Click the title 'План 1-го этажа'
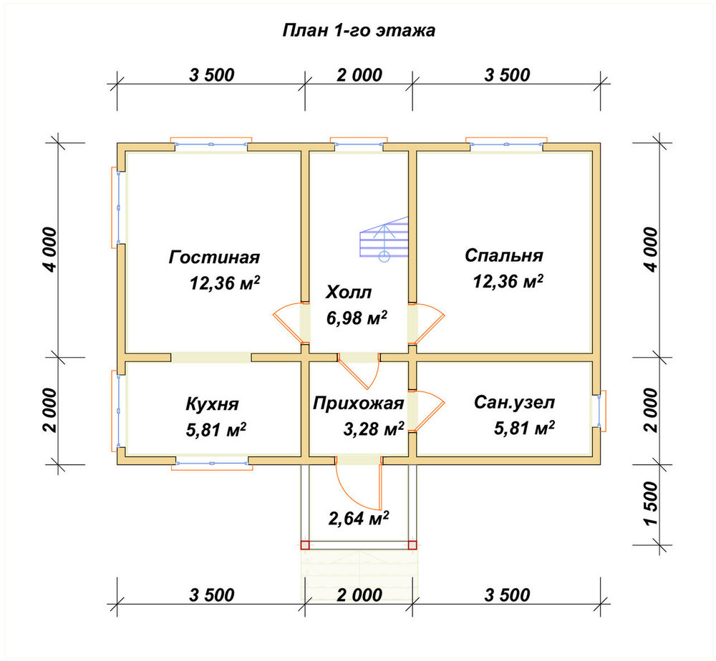pyautogui.click(x=359, y=31)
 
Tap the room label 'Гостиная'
pyautogui.click(x=214, y=258)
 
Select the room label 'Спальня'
pyautogui.click(x=504, y=255)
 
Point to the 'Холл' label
pyautogui.click(x=349, y=293)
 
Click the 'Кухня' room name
pyautogui.click(x=213, y=405)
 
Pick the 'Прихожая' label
pyautogui.click(x=359, y=403)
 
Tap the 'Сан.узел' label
pyautogui.click(x=514, y=403)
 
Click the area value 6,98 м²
pyautogui.click(x=357, y=318)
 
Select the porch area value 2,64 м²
pyautogui.click(x=359, y=518)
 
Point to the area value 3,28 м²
pyautogui.click(x=374, y=429)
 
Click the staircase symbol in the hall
pyautogui.click(x=384, y=239)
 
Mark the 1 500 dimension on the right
pyautogui.click(x=652, y=504)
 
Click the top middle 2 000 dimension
pyautogui.click(x=359, y=75)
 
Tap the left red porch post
pyautogui.click(x=305, y=544)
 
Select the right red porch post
pyautogui.click(x=412, y=544)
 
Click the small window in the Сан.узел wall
pyautogui.click(x=599, y=411)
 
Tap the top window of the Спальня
pyautogui.click(x=506, y=144)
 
